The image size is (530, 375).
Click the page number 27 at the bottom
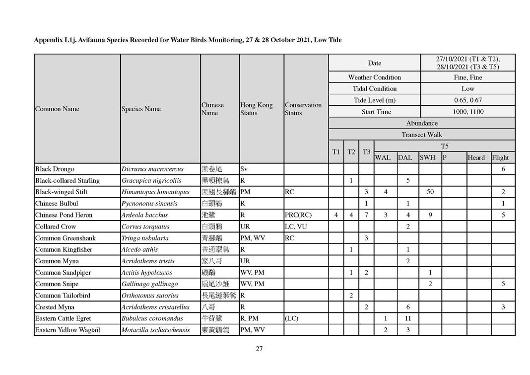pos(259,349)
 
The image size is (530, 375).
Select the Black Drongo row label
pos(55,169)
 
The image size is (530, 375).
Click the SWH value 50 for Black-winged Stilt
pos(430,192)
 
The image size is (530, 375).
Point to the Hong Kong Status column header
pos(256,109)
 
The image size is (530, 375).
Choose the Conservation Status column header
pos(303,109)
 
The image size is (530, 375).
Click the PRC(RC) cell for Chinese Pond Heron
pos(298,215)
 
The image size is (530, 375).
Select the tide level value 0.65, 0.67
pos(467,100)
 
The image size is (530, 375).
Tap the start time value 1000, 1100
pos(467,112)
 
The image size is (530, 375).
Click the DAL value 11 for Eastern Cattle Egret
pos(407,318)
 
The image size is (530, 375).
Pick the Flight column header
pos(500,158)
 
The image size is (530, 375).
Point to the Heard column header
pos(476,158)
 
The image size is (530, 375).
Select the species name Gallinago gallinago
pos(149,284)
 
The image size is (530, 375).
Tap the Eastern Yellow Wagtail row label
pos(67,330)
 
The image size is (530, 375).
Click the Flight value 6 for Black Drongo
pos(503,169)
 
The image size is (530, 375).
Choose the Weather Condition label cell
pos(374,77)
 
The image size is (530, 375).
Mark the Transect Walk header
pos(421,135)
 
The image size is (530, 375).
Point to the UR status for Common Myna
pos(245,261)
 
